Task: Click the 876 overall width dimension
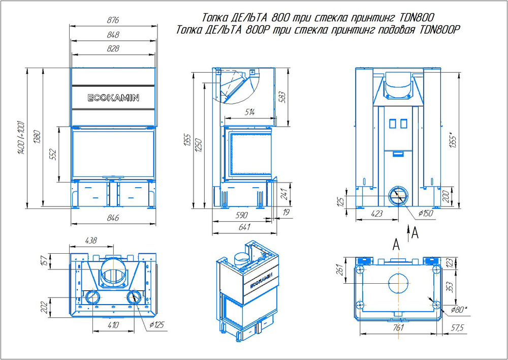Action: (x=113, y=20)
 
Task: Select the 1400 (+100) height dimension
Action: (x=21, y=138)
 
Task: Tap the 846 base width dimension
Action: (x=113, y=218)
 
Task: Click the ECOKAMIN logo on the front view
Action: (x=113, y=98)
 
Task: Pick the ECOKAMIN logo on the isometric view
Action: (x=261, y=281)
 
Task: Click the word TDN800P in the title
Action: (x=439, y=30)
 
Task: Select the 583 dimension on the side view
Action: (x=282, y=97)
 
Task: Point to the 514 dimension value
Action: (x=249, y=112)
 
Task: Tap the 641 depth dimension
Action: (x=244, y=227)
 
